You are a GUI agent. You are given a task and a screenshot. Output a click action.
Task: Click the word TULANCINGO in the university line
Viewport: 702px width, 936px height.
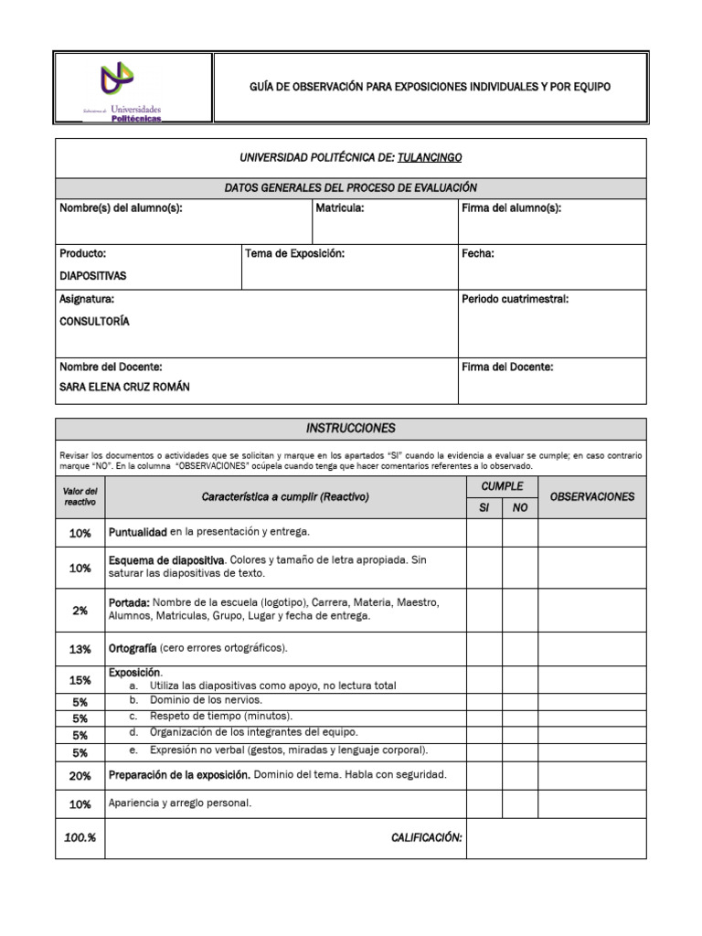click(x=436, y=157)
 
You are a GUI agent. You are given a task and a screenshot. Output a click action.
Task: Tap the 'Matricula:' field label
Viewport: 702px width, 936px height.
click(x=340, y=208)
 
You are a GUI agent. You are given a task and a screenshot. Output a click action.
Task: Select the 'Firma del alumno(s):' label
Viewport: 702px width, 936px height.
click(x=511, y=208)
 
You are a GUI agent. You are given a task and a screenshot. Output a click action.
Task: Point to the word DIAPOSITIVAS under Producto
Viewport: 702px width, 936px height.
click(x=93, y=275)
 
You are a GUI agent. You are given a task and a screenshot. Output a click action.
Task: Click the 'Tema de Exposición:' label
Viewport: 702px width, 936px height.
click(x=294, y=253)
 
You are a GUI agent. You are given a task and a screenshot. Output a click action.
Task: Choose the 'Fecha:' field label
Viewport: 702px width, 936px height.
click(x=478, y=253)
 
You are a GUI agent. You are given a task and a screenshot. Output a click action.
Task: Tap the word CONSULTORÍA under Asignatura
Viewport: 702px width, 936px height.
click(x=94, y=321)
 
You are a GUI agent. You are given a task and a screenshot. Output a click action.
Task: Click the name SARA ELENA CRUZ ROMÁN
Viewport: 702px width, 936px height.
click(x=124, y=387)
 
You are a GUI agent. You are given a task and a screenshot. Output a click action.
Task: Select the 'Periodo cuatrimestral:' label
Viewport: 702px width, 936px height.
click(x=516, y=299)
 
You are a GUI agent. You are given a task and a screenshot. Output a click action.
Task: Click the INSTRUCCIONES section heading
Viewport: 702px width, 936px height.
click(x=351, y=428)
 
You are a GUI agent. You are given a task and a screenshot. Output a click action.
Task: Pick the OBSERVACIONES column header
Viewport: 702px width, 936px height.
click(x=591, y=496)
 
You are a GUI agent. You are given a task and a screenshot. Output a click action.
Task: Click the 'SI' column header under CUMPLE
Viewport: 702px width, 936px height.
click(x=484, y=507)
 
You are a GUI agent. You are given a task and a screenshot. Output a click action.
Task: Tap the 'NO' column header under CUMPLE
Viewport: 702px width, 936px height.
click(x=520, y=507)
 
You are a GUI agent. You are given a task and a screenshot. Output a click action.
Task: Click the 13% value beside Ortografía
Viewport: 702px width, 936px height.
click(x=80, y=649)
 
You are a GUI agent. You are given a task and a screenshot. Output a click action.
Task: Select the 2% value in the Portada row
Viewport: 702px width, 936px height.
click(x=80, y=610)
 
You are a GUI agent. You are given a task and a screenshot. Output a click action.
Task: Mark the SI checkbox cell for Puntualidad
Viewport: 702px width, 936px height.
click(x=484, y=532)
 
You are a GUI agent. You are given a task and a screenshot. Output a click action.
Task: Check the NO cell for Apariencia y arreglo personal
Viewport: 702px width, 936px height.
click(x=520, y=804)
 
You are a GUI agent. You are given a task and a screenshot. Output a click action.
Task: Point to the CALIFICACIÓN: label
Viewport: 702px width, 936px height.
click(x=427, y=837)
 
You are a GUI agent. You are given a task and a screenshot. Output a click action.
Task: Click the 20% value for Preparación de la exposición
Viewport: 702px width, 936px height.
click(x=80, y=776)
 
